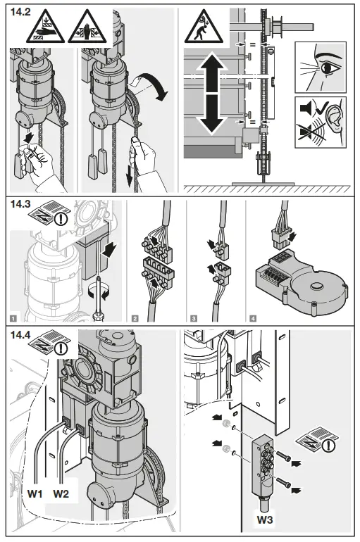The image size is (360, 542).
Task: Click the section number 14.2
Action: coord(20,12)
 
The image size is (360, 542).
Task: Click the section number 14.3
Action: coord(20,204)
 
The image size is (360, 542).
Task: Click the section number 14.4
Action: coord(20,335)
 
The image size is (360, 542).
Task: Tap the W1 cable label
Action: coord(35,493)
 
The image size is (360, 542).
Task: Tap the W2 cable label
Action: coord(61,493)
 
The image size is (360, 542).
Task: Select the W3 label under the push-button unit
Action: coord(265,519)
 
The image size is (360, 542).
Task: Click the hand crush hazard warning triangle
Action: coord(45,27)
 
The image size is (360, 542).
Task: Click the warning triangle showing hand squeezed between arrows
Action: coord(87,27)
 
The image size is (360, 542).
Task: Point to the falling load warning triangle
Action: coord(204,27)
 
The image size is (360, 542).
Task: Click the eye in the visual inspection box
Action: coord(327,68)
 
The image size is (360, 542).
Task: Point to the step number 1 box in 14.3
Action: coord(13,317)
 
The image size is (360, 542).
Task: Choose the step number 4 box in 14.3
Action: coord(253,317)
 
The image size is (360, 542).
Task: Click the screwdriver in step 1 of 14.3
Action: coord(99,297)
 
